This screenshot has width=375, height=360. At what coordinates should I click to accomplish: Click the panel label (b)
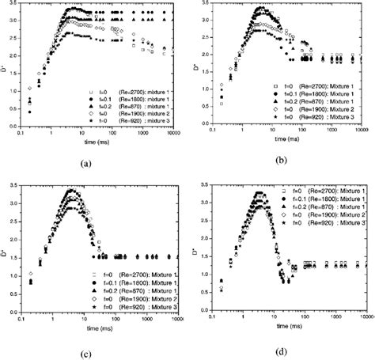280,161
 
